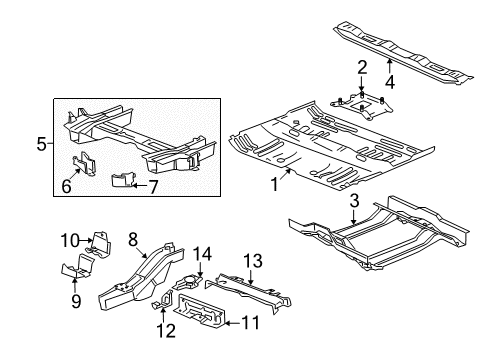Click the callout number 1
(274, 184)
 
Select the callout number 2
(362, 67)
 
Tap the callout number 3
(354, 201)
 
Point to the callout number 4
(390, 82)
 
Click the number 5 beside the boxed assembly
(41, 144)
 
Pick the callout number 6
(66, 186)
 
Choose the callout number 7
(153, 187)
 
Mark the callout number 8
(132, 239)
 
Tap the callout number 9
(76, 302)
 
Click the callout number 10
(70, 240)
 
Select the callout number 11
(250, 323)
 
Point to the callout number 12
(166, 331)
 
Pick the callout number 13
(253, 261)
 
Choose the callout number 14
(203, 254)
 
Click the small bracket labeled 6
(84, 163)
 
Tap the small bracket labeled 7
(123, 180)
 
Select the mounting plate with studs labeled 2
(362, 106)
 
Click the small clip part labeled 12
(162, 300)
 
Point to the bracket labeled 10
(99, 244)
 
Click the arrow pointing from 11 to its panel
(233, 323)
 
